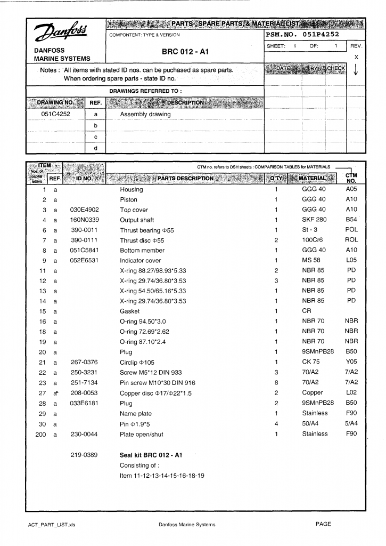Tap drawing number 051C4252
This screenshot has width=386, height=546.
pos(55,114)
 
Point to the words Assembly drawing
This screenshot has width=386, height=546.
pos(145,114)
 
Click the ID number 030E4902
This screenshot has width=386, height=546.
pos(85,210)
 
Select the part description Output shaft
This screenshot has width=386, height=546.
pos(137,220)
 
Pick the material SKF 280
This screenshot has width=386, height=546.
pos(314,220)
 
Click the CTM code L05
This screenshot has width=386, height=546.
pos(351,260)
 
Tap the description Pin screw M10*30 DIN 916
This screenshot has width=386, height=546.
pos(157,382)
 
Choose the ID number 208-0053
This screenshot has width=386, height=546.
pos(85,392)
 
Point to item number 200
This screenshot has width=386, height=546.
pos(40,434)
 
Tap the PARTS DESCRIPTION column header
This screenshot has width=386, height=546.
pos(185,178)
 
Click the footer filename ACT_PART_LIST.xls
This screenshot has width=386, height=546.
pos(52,525)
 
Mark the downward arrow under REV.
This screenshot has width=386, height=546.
pos(356,71)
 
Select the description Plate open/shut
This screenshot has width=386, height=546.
pos(142,434)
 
